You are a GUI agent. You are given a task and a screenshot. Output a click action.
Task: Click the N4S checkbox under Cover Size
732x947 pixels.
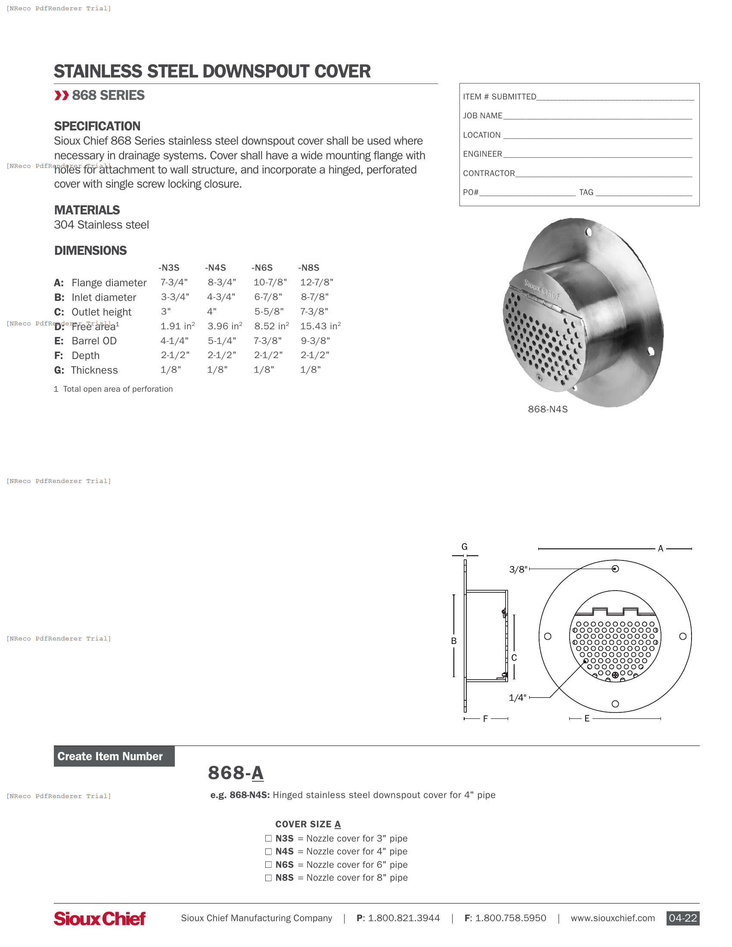(x=268, y=851)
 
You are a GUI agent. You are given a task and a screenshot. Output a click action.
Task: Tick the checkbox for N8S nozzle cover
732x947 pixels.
(x=268, y=878)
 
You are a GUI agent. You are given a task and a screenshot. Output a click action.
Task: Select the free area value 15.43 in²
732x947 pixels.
(x=320, y=326)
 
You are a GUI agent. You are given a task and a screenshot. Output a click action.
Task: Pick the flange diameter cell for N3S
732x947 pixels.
(x=174, y=282)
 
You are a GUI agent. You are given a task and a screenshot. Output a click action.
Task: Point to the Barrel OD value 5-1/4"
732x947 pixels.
(x=222, y=341)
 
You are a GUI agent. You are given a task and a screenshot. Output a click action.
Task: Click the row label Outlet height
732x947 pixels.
(x=101, y=312)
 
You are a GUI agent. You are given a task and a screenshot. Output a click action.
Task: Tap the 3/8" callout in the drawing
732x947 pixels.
(x=518, y=569)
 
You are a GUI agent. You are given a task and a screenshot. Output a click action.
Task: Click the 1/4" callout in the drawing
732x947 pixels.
(x=517, y=698)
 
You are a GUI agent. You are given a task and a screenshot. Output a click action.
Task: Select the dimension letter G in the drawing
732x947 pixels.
(x=465, y=547)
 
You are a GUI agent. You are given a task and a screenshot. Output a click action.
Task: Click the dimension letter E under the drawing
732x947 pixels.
(x=587, y=718)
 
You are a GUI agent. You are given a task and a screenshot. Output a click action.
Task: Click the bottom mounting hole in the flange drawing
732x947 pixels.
(x=615, y=704)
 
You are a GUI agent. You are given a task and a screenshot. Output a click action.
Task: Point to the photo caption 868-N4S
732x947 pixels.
(x=547, y=409)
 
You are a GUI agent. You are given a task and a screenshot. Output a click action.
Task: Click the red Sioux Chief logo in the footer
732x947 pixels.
(x=100, y=919)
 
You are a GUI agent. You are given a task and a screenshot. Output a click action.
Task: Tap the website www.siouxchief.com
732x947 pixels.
(x=612, y=918)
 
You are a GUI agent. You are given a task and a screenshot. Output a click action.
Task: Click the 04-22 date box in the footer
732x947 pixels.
(x=682, y=918)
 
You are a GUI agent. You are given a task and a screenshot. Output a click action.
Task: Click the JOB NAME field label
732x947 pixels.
(x=482, y=116)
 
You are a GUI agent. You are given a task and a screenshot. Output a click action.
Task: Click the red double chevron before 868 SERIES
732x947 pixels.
(x=62, y=96)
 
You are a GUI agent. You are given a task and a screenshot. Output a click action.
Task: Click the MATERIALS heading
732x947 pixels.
(x=87, y=210)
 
